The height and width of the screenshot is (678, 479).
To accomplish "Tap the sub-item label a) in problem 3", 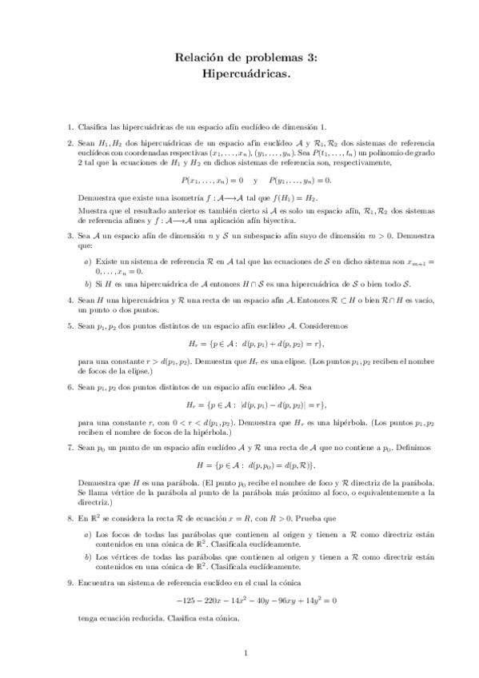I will [x=87, y=261].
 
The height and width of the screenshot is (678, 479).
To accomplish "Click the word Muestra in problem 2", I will [x=93, y=210].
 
